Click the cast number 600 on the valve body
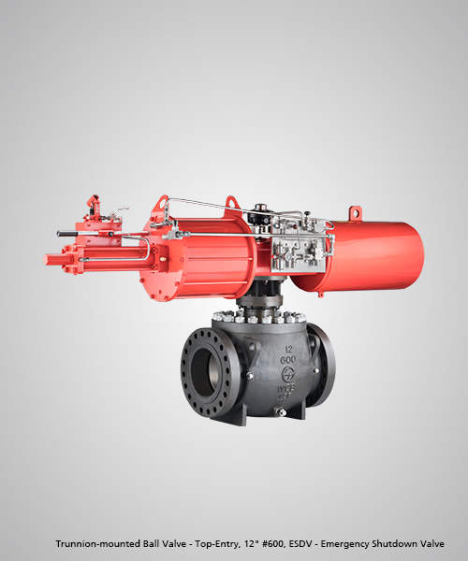[x=288, y=359]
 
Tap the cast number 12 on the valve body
[x=288, y=349]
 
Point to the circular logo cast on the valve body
[x=288, y=374]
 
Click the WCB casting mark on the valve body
[x=286, y=388]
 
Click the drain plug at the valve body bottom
[x=280, y=411]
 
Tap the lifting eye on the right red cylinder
[x=355, y=212]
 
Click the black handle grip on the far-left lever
[x=67, y=234]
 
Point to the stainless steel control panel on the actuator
[x=298, y=244]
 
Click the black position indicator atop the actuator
[x=261, y=212]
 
